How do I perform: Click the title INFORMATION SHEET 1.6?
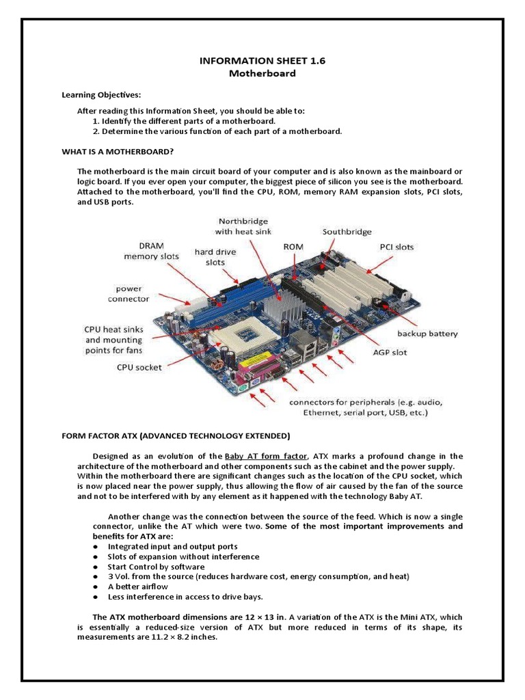[262, 61]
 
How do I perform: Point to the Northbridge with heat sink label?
[243, 226]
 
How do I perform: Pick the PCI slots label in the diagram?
[396, 247]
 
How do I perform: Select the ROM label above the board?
[293, 245]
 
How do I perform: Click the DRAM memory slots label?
[151, 251]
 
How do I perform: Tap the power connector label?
[128, 293]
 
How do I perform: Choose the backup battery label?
[428, 334]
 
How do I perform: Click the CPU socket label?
[139, 367]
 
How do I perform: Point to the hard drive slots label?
[215, 256]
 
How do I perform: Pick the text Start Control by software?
[156, 567]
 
